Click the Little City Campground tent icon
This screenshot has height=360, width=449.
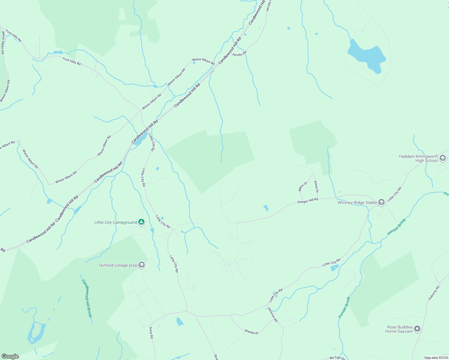pos(141,222)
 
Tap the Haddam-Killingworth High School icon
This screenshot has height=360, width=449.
pos(442,158)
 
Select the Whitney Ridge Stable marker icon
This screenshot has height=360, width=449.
pos(381,202)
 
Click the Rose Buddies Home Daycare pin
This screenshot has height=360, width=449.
pos(417,329)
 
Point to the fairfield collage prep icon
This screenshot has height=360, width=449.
pos(142,265)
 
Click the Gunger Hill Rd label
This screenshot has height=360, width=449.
pos(308,201)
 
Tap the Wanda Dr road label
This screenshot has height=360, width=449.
pos(252,332)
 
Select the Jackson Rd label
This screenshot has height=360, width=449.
pos(273,315)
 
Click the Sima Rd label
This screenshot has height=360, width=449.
pos(151,333)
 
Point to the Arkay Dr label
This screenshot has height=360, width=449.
pos(316,187)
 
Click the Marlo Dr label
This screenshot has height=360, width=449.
pos(303,186)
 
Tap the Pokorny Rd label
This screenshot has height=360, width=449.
pos(434,293)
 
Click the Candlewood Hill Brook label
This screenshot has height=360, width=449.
pos(87,298)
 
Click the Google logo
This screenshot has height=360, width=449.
pos(10,356)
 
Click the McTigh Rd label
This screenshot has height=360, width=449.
pos(337,358)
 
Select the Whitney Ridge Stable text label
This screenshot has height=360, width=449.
pos(357,202)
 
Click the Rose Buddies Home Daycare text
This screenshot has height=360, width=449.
pos(399,329)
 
